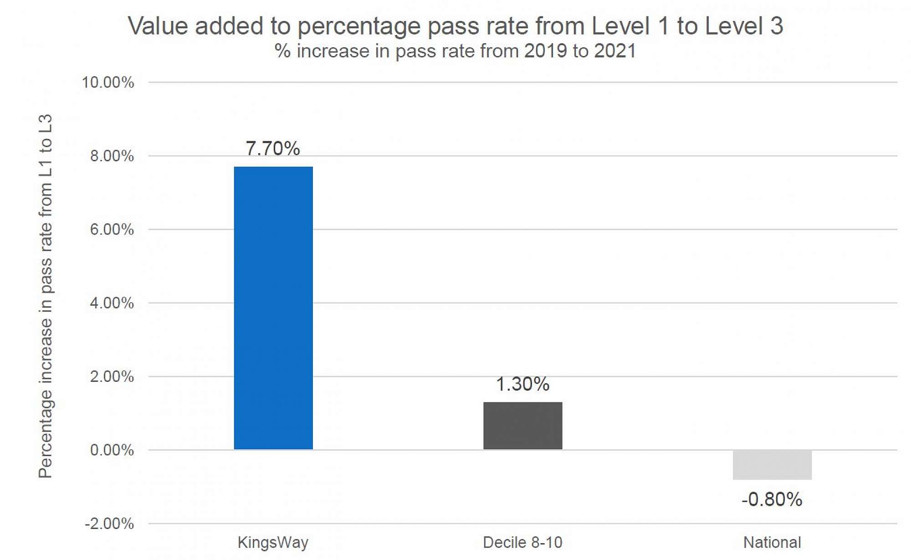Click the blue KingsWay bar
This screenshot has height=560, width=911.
point(273,308)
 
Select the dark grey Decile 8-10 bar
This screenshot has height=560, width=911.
point(522,426)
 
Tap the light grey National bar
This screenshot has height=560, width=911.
point(772,465)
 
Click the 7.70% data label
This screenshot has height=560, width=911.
point(273,149)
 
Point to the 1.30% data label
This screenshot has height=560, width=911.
point(522,384)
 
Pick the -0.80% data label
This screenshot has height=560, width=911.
point(772,499)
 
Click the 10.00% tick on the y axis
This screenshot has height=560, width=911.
point(108,82)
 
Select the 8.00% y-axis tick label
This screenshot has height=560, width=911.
point(112,156)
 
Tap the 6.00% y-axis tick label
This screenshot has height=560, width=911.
point(112,229)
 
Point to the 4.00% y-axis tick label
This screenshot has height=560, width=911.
point(112,303)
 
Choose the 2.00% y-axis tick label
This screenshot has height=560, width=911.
point(112,376)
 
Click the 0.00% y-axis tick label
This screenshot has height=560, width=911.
point(112,450)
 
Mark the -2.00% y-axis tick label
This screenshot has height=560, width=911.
point(109,524)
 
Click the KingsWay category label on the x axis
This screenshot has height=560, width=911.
point(273,542)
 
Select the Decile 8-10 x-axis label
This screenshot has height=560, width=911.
point(522,542)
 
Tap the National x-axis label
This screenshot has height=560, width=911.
point(772,542)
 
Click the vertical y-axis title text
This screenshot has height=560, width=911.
point(46,296)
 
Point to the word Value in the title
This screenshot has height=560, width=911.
point(158,26)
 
